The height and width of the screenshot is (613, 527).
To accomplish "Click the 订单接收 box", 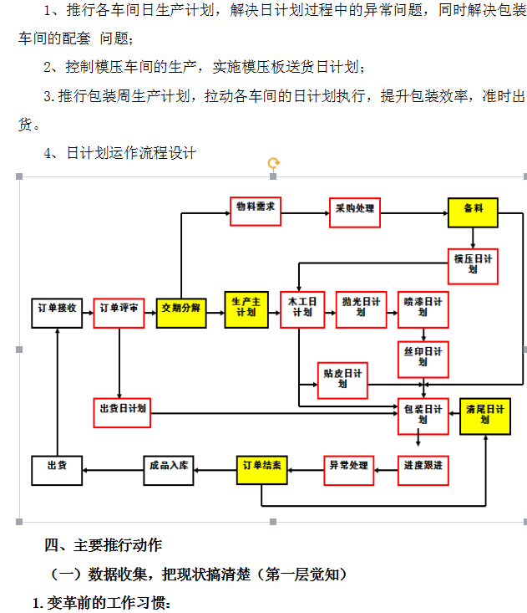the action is [57, 313].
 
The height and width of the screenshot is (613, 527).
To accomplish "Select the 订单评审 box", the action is [119, 313].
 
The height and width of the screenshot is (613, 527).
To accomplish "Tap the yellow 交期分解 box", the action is [181, 313].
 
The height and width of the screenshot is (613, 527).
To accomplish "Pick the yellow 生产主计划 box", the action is [246, 309].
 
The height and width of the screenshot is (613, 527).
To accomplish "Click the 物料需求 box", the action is [256, 212].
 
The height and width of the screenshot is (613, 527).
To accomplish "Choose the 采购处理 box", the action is [355, 212].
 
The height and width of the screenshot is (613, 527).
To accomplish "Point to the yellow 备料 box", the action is [473, 212].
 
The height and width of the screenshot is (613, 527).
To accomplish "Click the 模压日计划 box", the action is [473, 266].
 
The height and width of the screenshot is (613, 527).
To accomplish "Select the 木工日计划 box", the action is [302, 309].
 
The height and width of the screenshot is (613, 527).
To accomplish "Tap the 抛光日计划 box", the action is [362, 309].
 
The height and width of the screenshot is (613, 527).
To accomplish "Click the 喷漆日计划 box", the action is [423, 309].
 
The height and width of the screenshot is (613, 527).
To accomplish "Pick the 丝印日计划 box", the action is [423, 360].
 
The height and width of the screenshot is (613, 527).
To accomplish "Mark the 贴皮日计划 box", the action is [342, 381].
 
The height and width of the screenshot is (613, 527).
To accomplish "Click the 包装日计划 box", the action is [423, 416].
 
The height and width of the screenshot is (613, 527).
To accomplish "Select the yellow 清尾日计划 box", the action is [485, 416].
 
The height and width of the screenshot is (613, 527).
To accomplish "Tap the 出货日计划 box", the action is [122, 413].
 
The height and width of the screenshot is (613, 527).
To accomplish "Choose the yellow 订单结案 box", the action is [262, 470].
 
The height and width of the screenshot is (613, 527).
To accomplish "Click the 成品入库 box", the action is [169, 471].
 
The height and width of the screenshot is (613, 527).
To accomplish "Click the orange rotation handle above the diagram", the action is [274, 162].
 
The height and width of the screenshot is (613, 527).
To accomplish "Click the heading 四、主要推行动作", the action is [103, 545].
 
